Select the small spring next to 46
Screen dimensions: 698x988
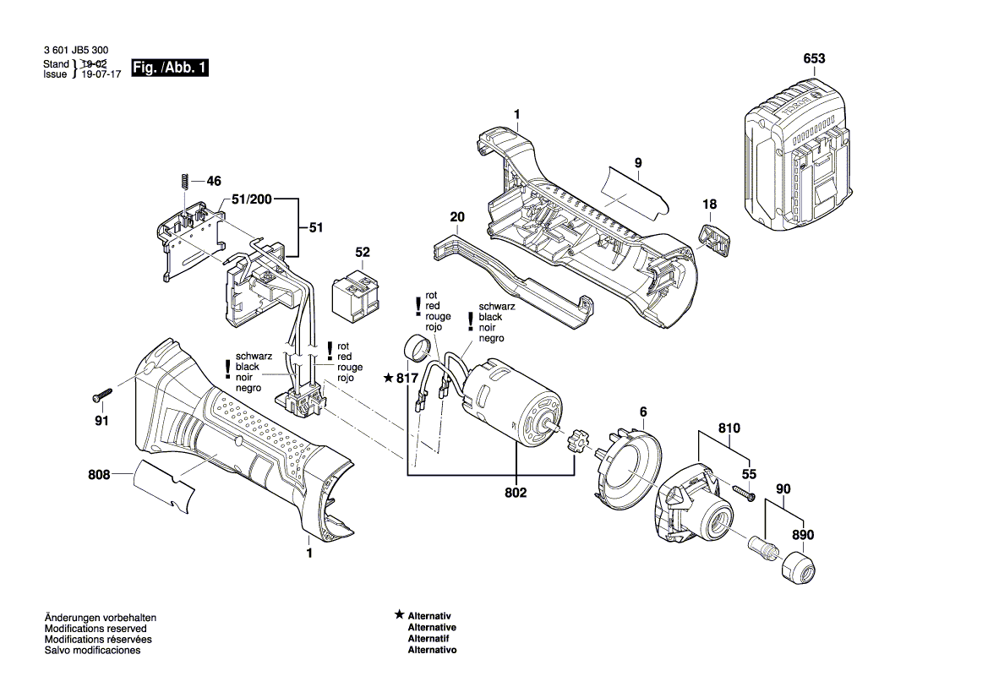[x=183, y=182]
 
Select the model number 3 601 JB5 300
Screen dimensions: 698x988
[x=75, y=52]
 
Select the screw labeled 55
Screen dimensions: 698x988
[x=744, y=494]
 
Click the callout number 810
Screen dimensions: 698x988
[x=729, y=428]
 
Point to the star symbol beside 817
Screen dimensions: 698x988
[x=389, y=378]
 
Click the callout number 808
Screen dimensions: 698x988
[x=99, y=475]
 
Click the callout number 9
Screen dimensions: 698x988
[x=638, y=161]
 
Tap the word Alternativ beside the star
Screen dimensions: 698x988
[x=430, y=617]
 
